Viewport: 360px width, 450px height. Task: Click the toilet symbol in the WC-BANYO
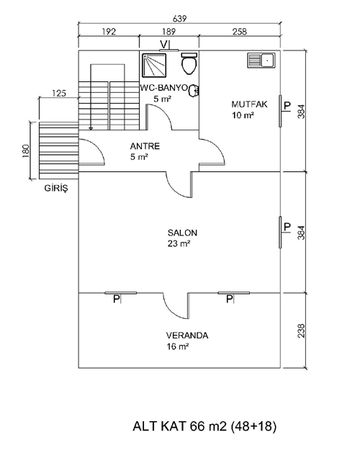tap(189, 63)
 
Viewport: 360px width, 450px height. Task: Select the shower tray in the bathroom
tap(154, 66)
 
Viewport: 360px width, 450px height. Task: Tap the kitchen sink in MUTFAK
tap(261, 60)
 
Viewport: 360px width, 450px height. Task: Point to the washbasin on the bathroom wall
tap(194, 91)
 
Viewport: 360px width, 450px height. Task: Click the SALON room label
tap(183, 233)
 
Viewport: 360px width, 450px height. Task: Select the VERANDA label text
tap(187, 336)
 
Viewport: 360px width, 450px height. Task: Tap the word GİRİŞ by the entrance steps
tap(56, 188)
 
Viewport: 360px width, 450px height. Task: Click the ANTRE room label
tap(145, 146)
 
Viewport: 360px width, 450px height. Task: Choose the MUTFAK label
tap(249, 104)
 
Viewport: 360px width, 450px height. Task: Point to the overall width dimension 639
tap(180, 19)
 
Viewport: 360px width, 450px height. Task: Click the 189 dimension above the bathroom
tap(168, 31)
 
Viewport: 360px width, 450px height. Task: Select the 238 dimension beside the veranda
tap(301, 330)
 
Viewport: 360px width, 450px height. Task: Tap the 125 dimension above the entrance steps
tap(59, 93)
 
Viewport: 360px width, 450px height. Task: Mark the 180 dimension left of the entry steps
tap(25, 150)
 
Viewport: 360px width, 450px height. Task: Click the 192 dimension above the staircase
tap(109, 31)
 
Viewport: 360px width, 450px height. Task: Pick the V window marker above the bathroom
tap(163, 44)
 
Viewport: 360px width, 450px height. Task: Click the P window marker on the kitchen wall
tap(287, 106)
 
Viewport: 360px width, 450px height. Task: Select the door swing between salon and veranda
tap(176, 306)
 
